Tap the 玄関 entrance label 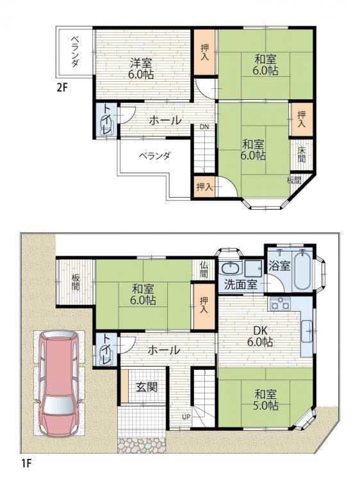147,387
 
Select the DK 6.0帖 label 260,336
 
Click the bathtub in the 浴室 303,270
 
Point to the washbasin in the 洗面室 231,268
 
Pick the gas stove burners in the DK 280,304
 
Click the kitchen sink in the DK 307,331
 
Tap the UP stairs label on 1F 186,417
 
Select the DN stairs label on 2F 204,127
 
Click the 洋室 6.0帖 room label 141,69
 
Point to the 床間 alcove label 302,155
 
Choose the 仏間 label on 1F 204,269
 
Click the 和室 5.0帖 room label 266,399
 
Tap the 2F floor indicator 61,88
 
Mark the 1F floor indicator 26,463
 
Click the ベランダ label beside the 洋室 74,52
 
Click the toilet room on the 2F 106,120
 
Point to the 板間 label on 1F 76,282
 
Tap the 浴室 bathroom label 279,266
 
